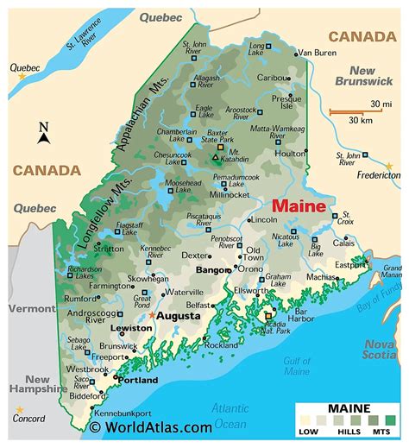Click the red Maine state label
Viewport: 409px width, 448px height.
(x=299, y=208)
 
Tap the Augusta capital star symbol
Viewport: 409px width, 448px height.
(x=153, y=316)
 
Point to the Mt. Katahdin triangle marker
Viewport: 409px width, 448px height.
(x=215, y=157)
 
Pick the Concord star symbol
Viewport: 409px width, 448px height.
(x=19, y=410)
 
